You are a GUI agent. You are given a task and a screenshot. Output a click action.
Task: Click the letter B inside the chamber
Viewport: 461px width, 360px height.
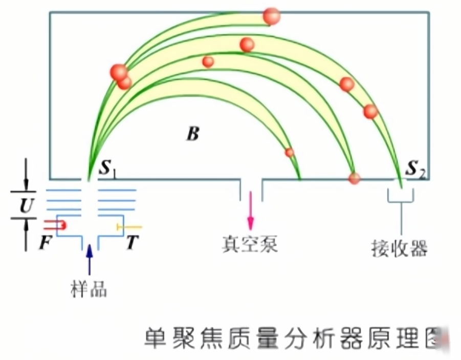192,135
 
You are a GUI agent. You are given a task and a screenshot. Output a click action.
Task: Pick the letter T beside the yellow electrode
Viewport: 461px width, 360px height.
132,243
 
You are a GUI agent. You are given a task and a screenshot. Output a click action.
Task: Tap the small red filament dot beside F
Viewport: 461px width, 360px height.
62,225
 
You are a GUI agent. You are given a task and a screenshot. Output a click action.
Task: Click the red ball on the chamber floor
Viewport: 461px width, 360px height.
354,178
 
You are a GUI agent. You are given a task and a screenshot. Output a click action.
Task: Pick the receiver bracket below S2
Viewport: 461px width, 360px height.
400,197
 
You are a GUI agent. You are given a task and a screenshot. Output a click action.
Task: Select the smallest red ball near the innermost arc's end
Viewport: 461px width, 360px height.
289,152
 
